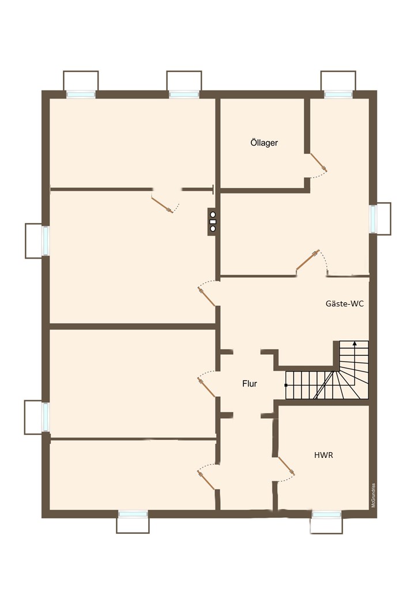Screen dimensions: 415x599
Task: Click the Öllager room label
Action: pos(264,142)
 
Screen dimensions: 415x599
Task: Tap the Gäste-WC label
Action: pos(344,304)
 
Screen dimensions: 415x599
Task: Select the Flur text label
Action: pos(250,384)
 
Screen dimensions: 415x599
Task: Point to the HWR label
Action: pos(323,455)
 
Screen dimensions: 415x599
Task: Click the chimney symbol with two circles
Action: pos(213,222)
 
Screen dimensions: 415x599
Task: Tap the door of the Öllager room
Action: pos(318,162)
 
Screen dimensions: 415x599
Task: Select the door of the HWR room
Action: pos(286,466)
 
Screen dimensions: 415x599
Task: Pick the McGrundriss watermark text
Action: pos(373,495)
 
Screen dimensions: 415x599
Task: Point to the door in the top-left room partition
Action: pos(162,204)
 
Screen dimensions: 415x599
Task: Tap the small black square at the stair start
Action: pos(286,385)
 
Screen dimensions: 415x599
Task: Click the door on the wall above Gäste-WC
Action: pos(308,260)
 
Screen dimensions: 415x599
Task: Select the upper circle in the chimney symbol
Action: pos(213,215)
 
